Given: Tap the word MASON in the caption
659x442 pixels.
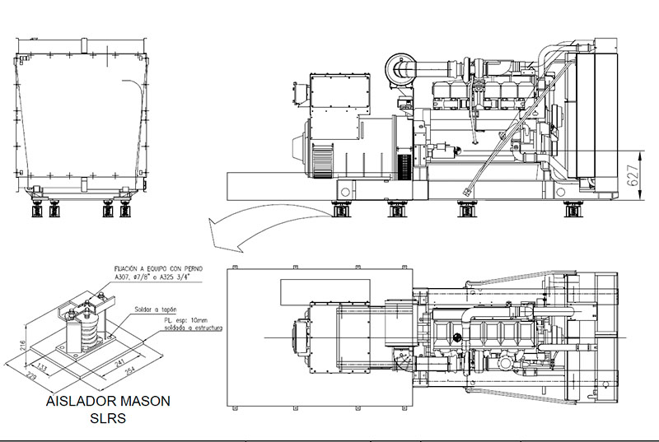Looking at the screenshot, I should pyautogui.click(x=141, y=402).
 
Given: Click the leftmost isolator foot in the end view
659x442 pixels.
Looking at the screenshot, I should pyautogui.click(x=36, y=209).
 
